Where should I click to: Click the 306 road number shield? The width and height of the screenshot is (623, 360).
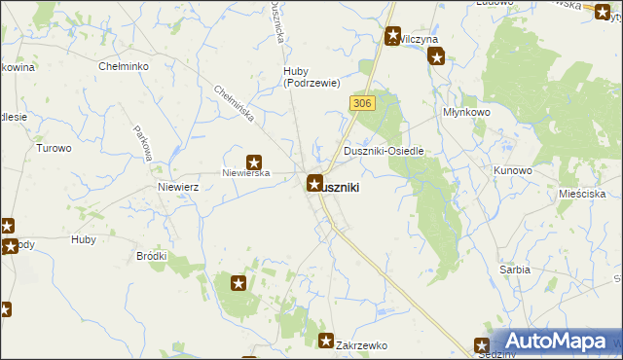(x=361, y=103)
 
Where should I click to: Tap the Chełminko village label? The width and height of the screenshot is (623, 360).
(x=124, y=66)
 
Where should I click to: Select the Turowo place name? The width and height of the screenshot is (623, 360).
(x=54, y=149)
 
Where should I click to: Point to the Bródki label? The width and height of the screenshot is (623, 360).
(x=152, y=256)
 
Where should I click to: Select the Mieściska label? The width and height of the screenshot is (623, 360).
(x=582, y=194)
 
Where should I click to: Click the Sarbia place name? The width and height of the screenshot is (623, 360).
(x=514, y=269)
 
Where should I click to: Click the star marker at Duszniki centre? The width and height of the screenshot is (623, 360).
(x=315, y=182)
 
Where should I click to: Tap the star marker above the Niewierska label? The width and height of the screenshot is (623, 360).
(x=254, y=163)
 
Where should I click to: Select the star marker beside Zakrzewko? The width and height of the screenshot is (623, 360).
(x=327, y=340)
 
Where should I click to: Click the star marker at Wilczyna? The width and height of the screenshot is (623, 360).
(x=392, y=37)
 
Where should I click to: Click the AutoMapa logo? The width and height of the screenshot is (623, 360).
(x=557, y=341)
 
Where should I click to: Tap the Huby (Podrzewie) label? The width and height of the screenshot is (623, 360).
(x=309, y=76)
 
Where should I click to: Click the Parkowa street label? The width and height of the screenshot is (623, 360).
(x=141, y=143)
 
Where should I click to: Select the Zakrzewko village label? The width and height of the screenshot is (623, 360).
(x=362, y=345)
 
